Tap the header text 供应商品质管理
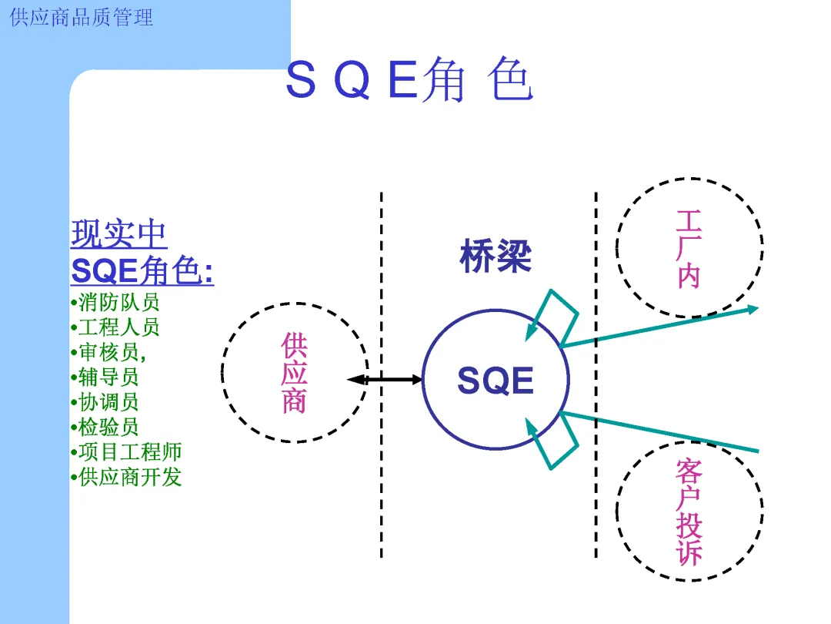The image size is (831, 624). pos(82,17)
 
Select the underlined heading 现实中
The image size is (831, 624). pos(119,234)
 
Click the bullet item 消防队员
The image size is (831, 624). pos(118,301)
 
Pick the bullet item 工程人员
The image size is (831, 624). pos(118,327)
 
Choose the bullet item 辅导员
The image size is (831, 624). pos(108,377)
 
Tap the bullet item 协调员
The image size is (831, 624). pos(108,402)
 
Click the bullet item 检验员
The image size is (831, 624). pos(108,427)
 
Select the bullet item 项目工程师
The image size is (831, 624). pos(130,451)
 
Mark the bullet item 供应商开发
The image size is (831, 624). pos(130,477)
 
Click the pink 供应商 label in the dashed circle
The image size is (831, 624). pos(294,373)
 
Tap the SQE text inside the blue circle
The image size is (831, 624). pos(496,381)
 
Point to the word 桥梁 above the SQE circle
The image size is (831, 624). pos(496,257)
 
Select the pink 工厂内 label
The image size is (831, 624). pos(689,249)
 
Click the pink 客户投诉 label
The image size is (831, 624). pos(689,512)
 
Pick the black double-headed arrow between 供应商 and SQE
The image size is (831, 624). pos(385,379)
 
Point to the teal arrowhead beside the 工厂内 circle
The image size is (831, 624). pos(750,310)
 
